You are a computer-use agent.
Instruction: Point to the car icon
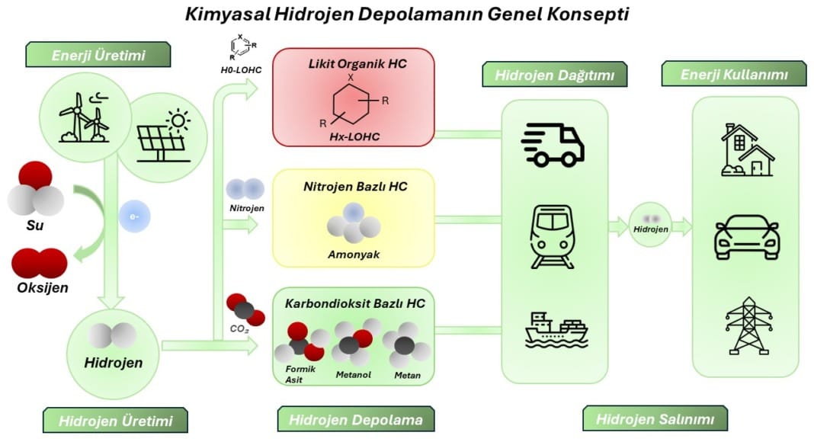[746, 239]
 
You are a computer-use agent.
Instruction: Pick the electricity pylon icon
[746, 325]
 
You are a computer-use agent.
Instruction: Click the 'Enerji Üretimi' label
[98, 55]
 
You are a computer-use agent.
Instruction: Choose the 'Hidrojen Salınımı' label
[655, 418]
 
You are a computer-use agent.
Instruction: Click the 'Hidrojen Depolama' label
[350, 418]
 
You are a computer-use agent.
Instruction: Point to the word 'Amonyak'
[353, 255]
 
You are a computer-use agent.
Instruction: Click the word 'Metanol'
[354, 374]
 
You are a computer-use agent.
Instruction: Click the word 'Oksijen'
[43, 288]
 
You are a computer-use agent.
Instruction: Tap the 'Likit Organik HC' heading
[354, 64]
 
